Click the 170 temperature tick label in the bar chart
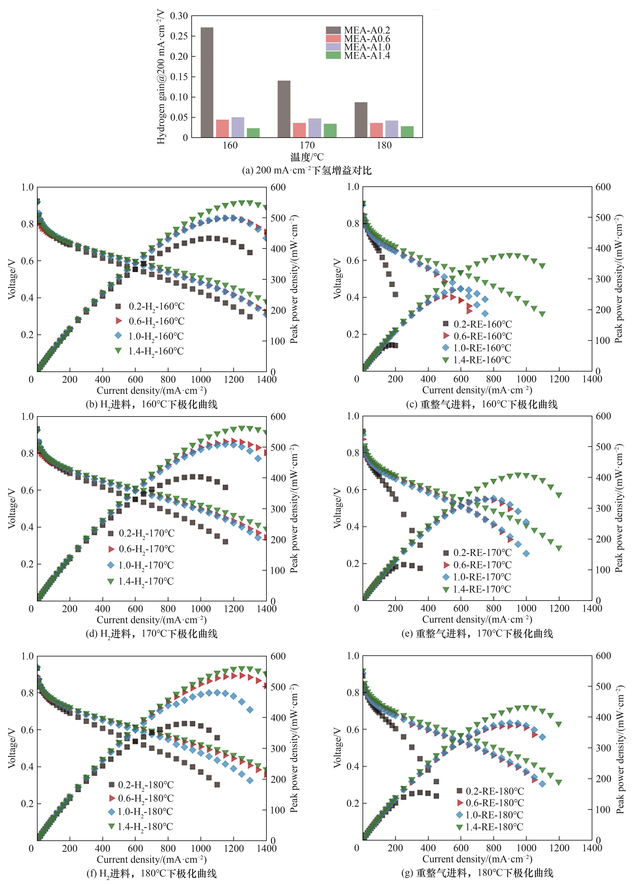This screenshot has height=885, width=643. coord(307,145)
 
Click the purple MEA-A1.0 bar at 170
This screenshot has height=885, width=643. coord(315,128)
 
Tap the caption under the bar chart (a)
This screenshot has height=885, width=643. coord(307,170)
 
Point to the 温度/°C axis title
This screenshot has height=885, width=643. coord(307,157)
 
